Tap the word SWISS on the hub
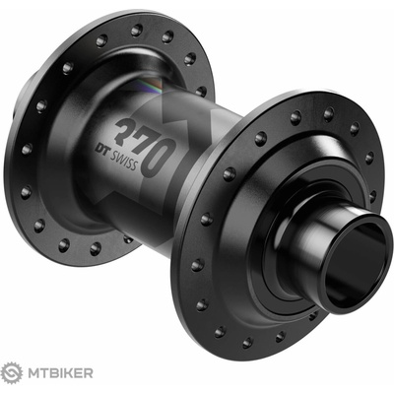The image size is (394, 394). pos(123,160)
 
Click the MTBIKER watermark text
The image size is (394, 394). pos(61,373)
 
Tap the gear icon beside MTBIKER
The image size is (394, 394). pos(12,373)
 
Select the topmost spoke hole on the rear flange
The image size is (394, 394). pos(137,31)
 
